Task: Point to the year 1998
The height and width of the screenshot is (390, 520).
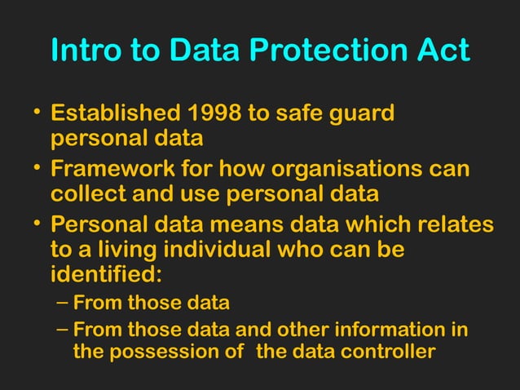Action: [214, 113]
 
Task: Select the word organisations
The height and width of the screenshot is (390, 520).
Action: [342, 171]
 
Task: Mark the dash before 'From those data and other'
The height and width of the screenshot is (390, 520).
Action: [63, 330]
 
